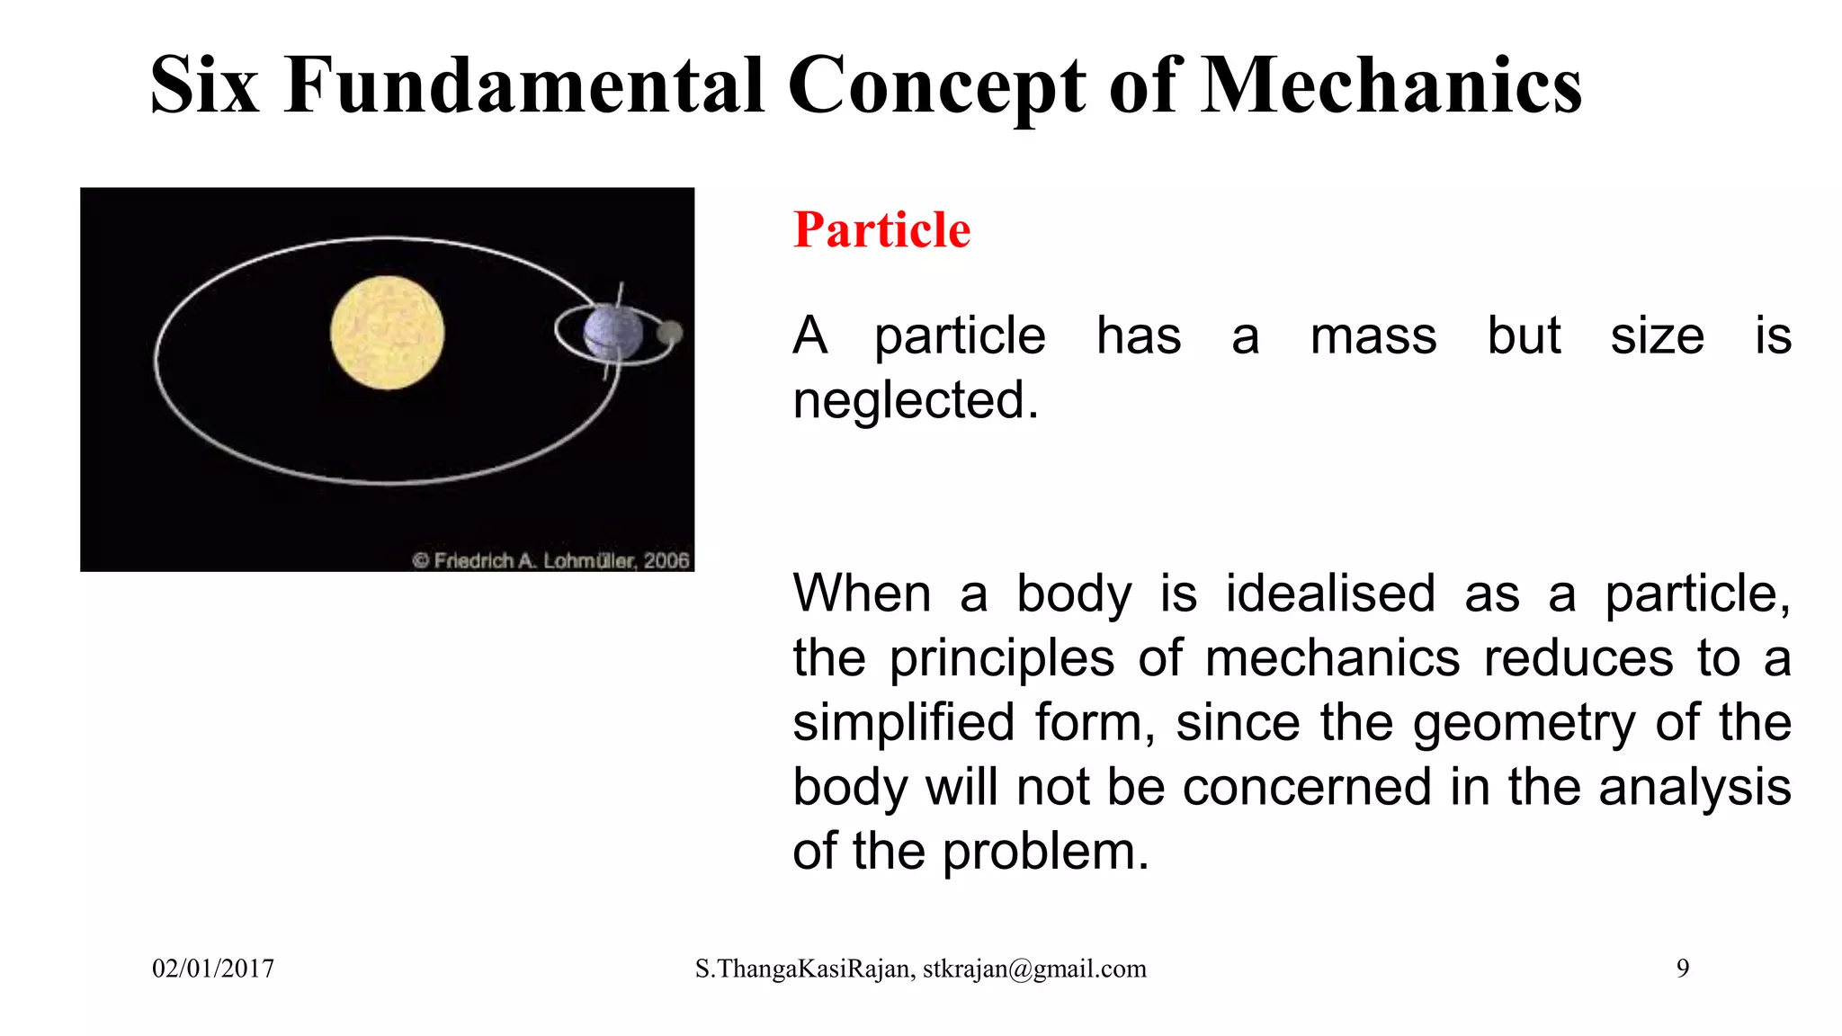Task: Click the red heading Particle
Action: pos(881,230)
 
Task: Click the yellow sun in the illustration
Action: pos(387,333)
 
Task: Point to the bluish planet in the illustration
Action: pos(613,332)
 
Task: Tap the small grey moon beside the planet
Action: pos(669,334)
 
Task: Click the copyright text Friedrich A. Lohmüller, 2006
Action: pos(551,560)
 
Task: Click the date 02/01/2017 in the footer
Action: pos(213,969)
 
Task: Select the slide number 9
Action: pos(1683,969)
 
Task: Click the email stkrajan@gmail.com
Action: pos(1034,969)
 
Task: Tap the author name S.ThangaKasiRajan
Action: pos(804,969)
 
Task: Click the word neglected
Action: pos(915,400)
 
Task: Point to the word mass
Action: pos(1373,337)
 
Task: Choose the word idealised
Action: pos(1329,594)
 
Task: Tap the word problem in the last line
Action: pos(1045,853)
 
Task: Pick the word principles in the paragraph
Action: pos(1002,659)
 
